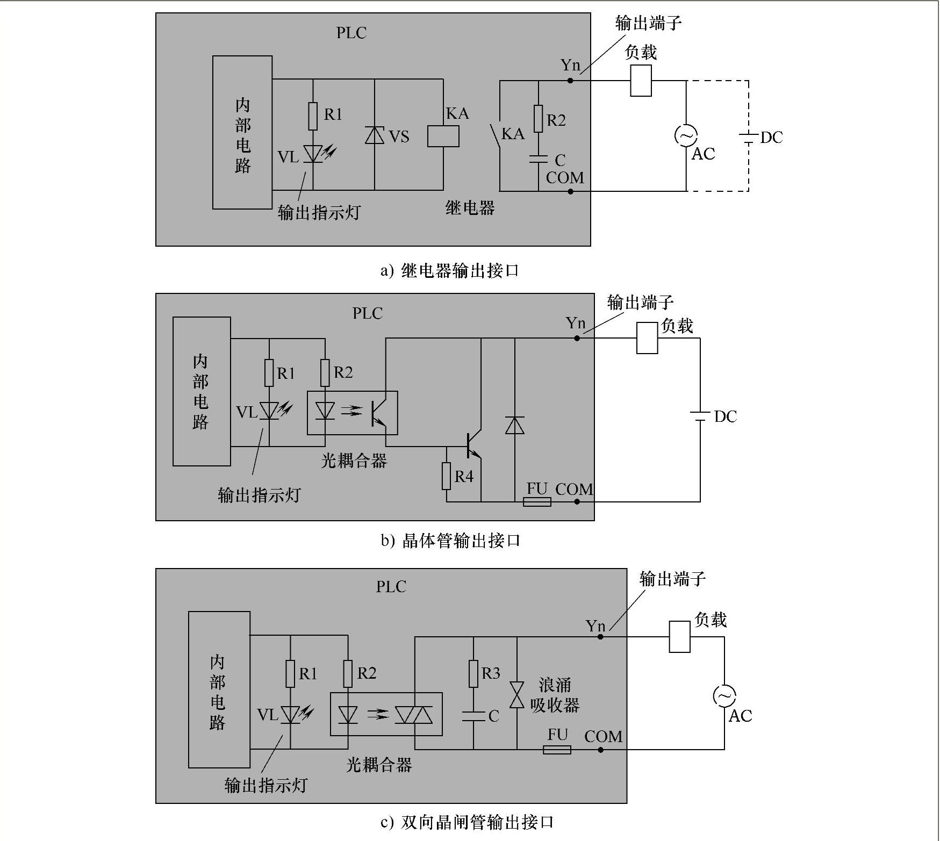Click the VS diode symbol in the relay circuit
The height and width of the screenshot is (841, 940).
[375, 135]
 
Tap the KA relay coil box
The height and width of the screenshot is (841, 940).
[443, 136]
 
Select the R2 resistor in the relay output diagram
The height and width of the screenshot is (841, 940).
[538, 119]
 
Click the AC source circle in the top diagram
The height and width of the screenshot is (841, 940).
[686, 135]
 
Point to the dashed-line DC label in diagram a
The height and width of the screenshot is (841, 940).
[771, 138]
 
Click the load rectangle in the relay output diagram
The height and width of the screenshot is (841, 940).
[641, 81]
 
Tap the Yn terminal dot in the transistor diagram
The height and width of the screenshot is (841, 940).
[577, 338]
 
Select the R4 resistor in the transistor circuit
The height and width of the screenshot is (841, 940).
[446, 476]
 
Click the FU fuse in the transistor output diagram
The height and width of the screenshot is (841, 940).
[537, 502]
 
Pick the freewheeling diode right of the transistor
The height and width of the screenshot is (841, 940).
[515, 425]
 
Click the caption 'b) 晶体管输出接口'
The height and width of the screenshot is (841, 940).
[450, 541]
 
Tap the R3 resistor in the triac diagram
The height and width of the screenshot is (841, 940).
[473, 674]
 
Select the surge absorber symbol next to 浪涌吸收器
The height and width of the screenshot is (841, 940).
[517, 696]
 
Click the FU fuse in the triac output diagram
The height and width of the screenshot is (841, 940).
[557, 750]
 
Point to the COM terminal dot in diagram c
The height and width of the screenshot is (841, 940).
[601, 750]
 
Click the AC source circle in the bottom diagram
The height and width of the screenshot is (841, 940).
[724, 696]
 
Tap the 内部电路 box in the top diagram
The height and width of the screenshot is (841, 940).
[242, 133]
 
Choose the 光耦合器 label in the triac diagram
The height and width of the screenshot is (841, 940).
[379, 765]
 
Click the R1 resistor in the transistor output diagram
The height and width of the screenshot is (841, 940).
[269, 373]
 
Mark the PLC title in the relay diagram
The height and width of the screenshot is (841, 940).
[351, 33]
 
